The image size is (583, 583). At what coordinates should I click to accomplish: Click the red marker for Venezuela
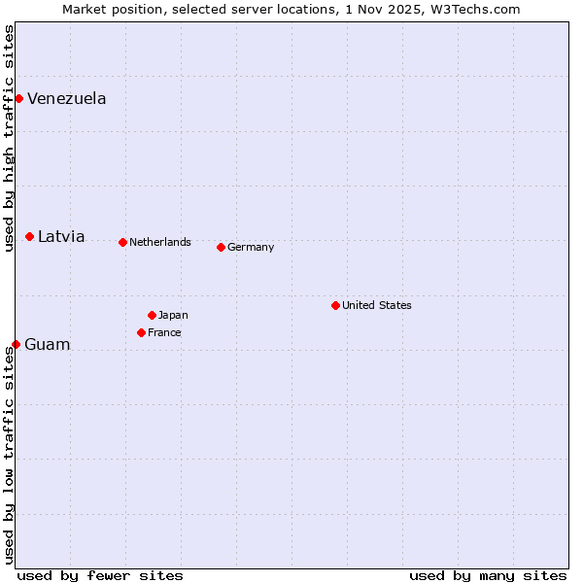point(18,98)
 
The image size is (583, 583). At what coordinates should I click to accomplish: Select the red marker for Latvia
point(30,236)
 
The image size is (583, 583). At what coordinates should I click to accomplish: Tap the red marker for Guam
point(16,344)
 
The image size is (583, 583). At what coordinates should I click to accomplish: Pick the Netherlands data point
point(122,242)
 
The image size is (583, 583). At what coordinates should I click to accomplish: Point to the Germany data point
point(221,247)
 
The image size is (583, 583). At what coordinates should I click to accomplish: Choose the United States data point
point(335,305)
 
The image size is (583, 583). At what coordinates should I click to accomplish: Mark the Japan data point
point(152,315)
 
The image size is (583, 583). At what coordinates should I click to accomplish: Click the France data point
point(141,332)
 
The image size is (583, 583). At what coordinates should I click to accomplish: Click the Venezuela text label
point(67,98)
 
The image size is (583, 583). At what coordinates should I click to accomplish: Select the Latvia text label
point(61,236)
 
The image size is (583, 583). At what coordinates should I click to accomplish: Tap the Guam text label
point(48,344)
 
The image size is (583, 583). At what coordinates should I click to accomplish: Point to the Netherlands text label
point(160,242)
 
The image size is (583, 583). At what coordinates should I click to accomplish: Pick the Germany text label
point(251,247)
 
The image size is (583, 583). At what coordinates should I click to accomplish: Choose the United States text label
point(377,305)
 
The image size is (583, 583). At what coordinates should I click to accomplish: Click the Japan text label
point(173,315)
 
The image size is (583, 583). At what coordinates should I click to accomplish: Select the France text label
point(164,332)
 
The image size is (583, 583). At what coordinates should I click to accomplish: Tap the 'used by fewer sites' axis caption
point(100,575)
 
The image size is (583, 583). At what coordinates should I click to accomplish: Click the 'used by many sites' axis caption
point(488,575)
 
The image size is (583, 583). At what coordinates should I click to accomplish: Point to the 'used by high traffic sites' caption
point(9,138)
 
